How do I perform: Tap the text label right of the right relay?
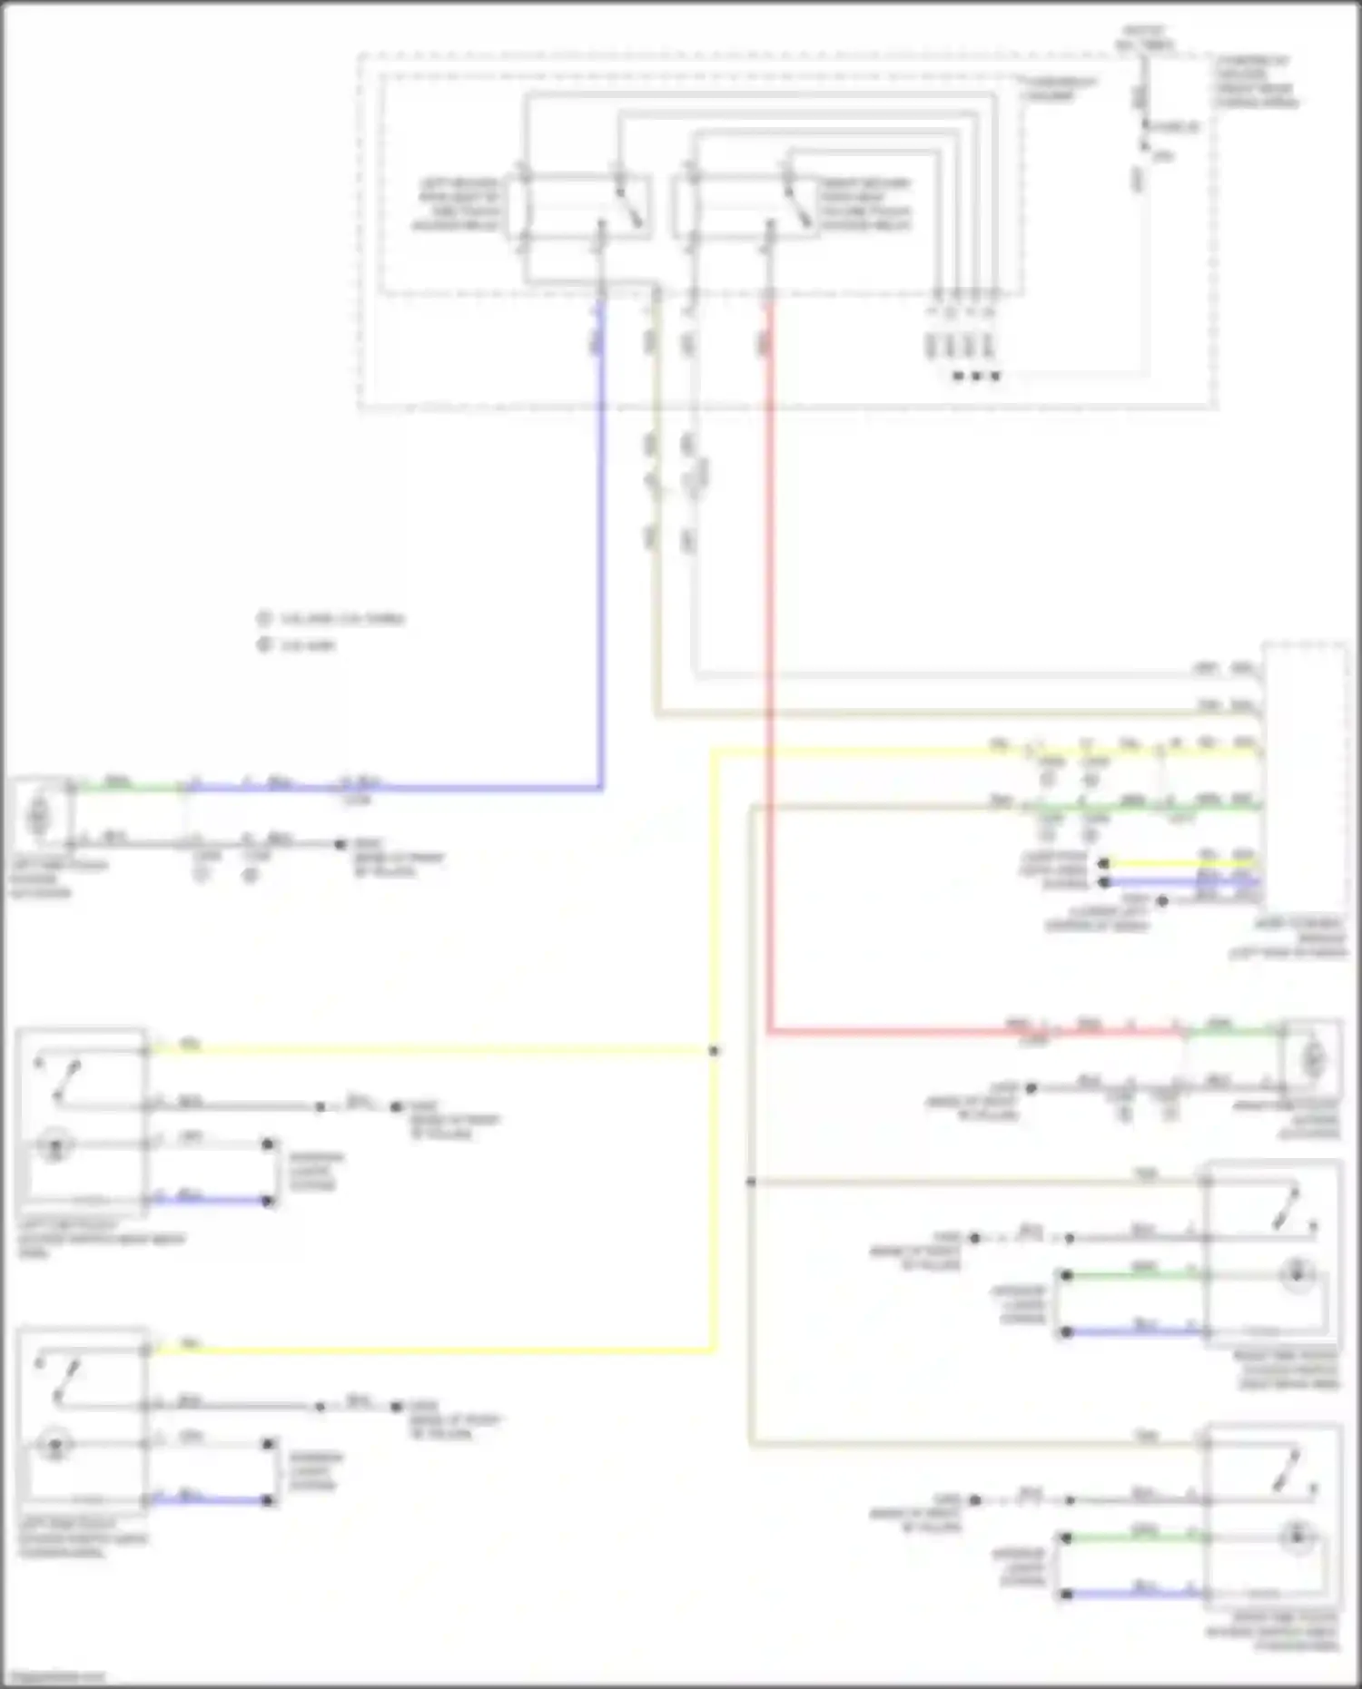click(x=864, y=203)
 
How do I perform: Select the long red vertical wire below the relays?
click(x=769, y=635)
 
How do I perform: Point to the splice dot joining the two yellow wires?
click(x=715, y=1051)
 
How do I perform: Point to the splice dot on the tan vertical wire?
click(x=751, y=1182)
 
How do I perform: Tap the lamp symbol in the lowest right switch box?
click(x=1298, y=1537)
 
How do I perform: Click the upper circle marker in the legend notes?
click(x=264, y=619)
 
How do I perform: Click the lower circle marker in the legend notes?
click(x=264, y=645)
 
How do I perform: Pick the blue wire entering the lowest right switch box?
click(x=1135, y=1594)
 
